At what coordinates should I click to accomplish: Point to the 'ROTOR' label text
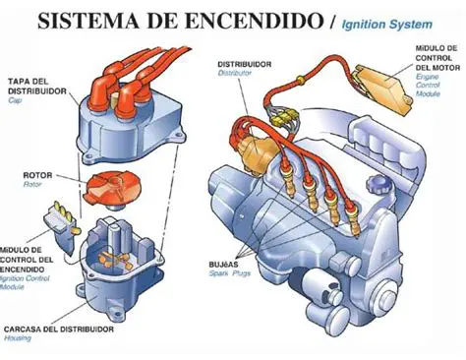pyautogui.click(x=38, y=176)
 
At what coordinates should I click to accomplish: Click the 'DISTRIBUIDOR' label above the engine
pyautogui.click(x=247, y=63)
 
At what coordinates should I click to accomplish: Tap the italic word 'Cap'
pyautogui.click(x=15, y=100)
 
